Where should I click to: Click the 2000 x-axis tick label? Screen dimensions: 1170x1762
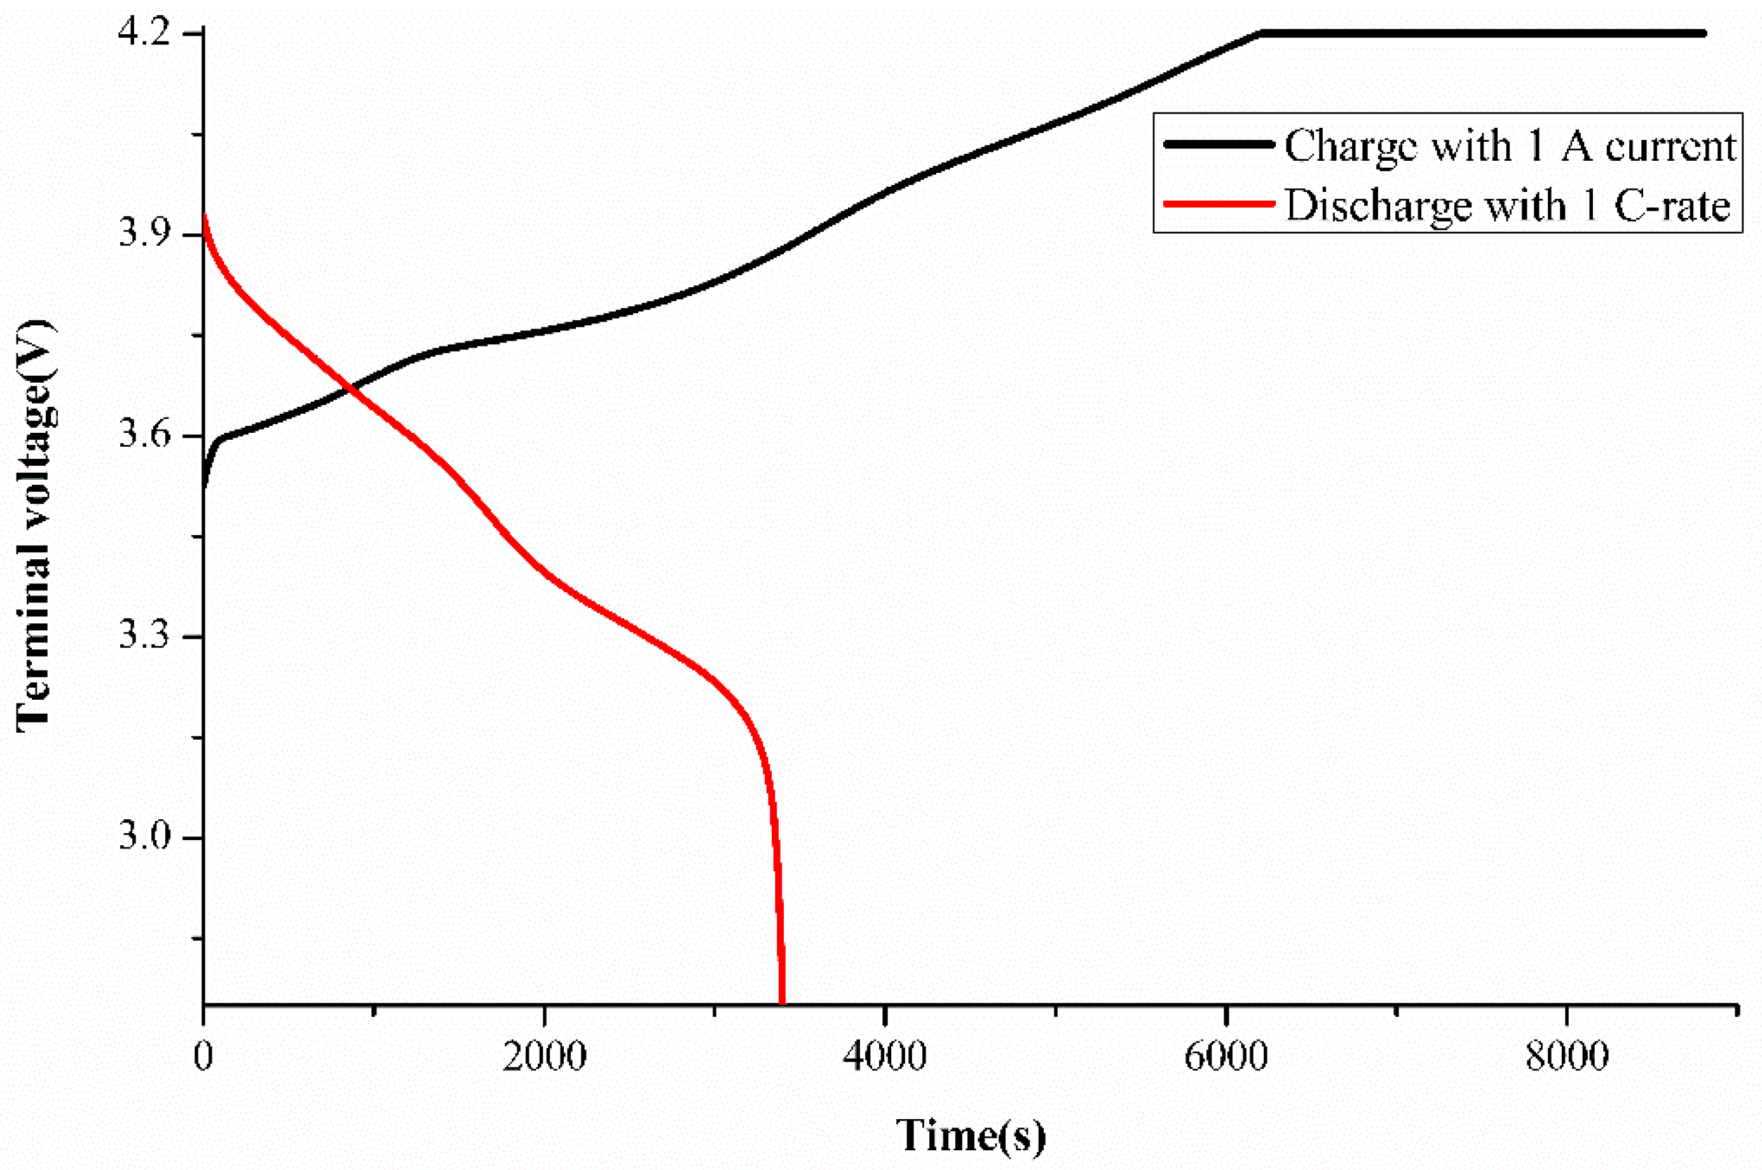click(544, 1058)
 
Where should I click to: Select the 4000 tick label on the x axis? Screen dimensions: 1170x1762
click(885, 1058)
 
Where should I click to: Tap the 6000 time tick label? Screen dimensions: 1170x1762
click(1226, 1058)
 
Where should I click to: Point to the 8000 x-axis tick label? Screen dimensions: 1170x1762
click(1566, 1058)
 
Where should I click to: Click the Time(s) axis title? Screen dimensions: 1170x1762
click(970, 1135)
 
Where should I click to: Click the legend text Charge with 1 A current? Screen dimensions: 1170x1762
click(1510, 146)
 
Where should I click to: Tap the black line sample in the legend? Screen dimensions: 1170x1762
click(1218, 145)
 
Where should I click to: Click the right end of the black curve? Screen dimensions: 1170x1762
click(1703, 34)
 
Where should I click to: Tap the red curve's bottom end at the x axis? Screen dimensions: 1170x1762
click(782, 1002)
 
